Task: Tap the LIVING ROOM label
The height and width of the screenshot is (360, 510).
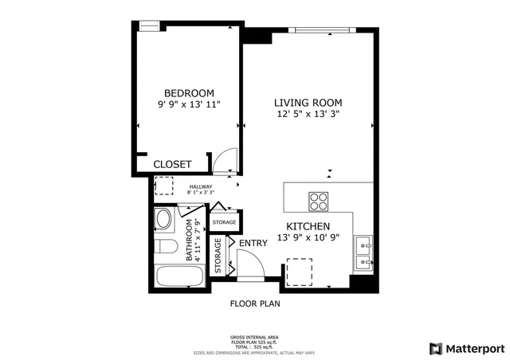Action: [x=308, y=103]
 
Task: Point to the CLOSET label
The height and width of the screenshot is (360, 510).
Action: [x=172, y=164]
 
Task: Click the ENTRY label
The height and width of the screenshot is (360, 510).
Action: [x=253, y=243]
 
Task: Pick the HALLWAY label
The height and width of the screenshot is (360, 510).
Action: [x=201, y=186]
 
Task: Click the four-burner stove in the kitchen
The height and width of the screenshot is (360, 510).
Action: [x=319, y=201]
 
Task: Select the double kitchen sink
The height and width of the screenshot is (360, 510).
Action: [x=363, y=250]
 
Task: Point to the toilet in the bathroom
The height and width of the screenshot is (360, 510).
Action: [x=165, y=245]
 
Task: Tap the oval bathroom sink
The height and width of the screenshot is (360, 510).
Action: [x=164, y=220]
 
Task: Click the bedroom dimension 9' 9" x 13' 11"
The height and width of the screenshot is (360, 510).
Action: [x=189, y=104]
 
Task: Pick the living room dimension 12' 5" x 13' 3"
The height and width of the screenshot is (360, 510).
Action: [x=308, y=115]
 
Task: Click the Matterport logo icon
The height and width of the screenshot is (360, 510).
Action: [x=434, y=348]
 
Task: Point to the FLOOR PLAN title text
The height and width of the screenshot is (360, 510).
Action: [x=255, y=303]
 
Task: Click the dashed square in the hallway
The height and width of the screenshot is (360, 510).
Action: [x=164, y=186]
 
